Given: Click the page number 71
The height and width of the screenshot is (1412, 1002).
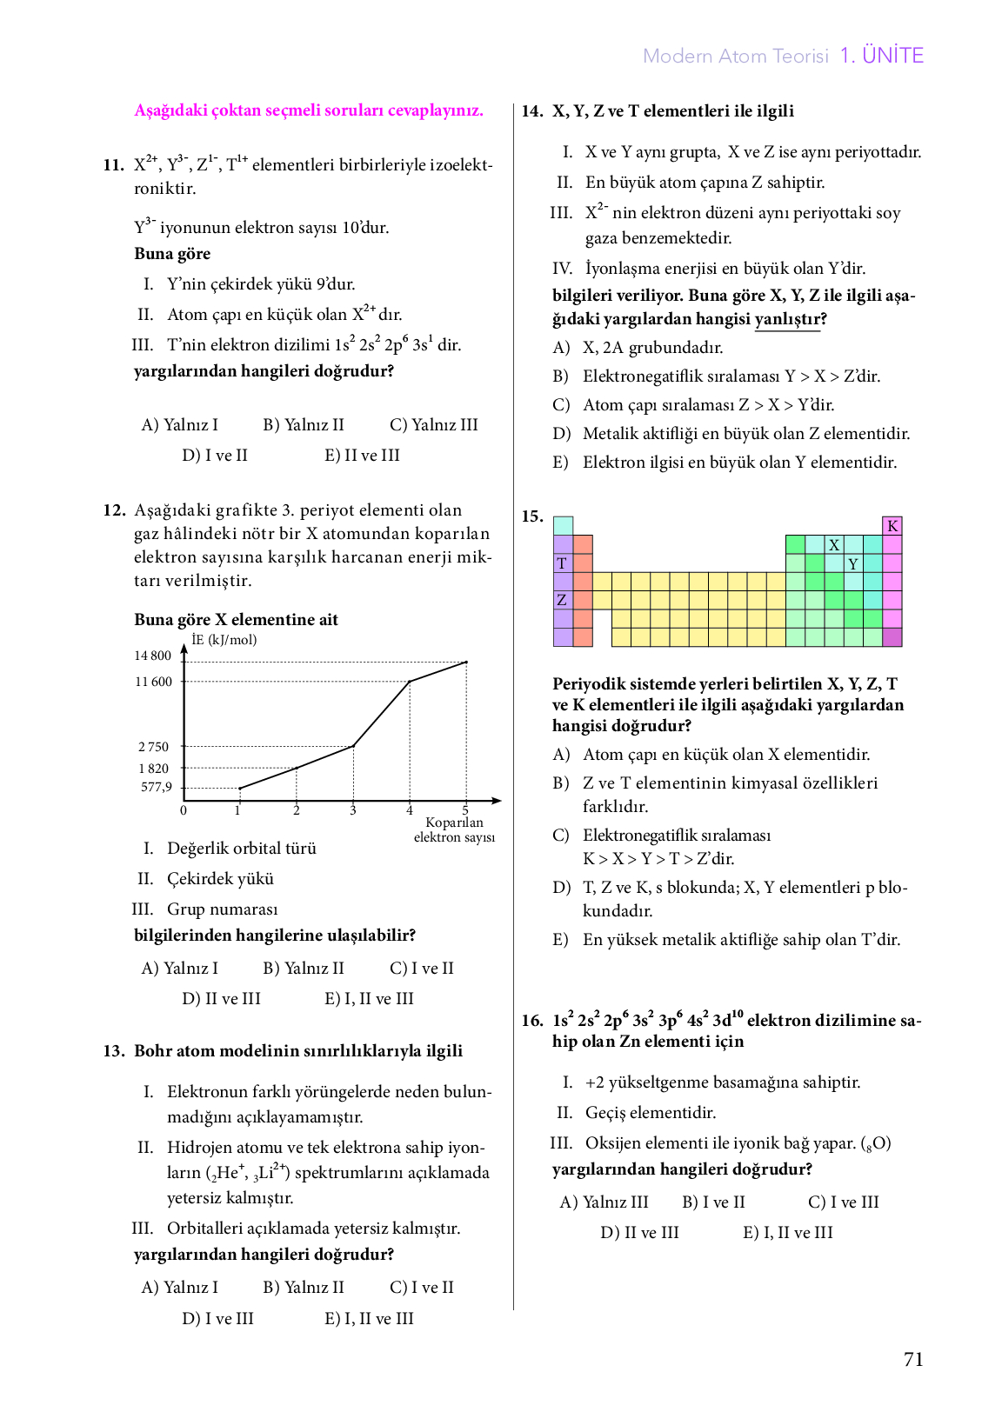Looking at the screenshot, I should tap(913, 1360).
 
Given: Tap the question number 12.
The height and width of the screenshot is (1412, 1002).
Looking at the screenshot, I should tap(114, 510).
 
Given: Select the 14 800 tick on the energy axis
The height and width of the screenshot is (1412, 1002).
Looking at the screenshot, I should tap(153, 656).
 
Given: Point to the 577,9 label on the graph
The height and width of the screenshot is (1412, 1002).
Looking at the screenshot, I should tap(157, 788).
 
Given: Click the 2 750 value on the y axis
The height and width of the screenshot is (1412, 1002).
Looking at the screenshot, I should tap(154, 747).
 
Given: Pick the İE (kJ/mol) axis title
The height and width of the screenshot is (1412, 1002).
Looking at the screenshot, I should tap(224, 640).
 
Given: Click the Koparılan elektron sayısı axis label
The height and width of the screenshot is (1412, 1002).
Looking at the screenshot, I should tap(454, 830).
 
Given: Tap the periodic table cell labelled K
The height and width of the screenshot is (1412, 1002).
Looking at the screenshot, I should tap(892, 526).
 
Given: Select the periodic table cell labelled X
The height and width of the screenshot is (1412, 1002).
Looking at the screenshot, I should tap(834, 545).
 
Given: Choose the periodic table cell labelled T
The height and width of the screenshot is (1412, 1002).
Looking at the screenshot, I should tap(562, 563).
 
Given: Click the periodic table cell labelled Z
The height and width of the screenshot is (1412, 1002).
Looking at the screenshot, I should tap(562, 600).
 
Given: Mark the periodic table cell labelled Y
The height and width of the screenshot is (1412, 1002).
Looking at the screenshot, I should tap(853, 564).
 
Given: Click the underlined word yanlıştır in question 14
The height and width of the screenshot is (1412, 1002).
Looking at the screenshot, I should tap(786, 319).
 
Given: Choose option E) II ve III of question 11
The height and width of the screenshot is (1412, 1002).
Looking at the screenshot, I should tap(362, 456).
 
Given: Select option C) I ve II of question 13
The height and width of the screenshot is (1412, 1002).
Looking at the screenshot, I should tap(422, 1288).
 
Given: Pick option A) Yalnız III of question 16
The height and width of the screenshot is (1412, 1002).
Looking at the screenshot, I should tap(604, 1202).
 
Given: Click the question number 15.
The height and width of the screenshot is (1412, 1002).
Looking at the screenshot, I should tap(532, 516).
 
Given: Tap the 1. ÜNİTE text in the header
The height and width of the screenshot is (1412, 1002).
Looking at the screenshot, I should tap(881, 56).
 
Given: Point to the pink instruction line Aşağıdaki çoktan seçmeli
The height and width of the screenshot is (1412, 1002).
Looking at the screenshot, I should tap(309, 110).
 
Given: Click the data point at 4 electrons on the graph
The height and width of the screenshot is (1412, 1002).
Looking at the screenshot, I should tap(410, 682).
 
